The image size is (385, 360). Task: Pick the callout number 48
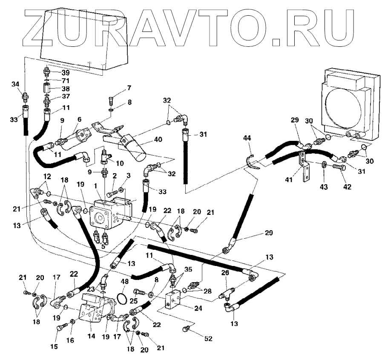125,282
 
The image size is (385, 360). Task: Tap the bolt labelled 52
187,329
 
